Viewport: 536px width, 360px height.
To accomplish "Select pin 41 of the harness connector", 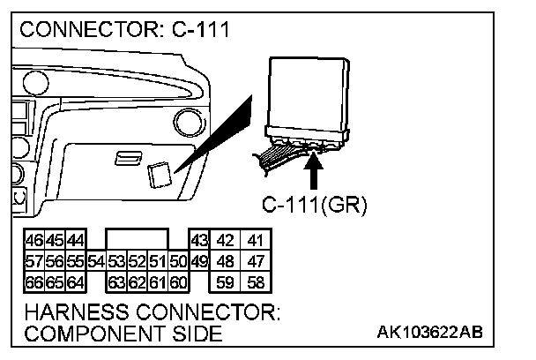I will click(x=256, y=241).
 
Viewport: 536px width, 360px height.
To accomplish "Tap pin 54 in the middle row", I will click(x=97, y=262).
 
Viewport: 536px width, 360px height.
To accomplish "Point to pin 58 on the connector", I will click(x=256, y=283).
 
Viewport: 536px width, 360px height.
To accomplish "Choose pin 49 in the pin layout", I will click(x=199, y=262).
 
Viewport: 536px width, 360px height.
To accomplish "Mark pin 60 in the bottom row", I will click(x=178, y=283).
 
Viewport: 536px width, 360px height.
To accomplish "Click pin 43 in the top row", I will click(x=199, y=241).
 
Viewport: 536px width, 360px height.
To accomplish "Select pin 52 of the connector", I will click(x=137, y=262).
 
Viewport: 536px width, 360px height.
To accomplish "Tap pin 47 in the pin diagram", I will click(x=256, y=262).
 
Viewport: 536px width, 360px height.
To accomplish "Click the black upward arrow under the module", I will click(x=315, y=168).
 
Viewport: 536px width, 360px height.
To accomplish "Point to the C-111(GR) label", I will click(x=315, y=206).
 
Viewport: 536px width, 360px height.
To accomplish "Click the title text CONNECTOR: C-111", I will click(x=124, y=30).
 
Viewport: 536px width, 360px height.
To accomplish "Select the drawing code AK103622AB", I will click(x=429, y=333).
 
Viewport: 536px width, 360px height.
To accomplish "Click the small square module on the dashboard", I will click(x=160, y=175).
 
